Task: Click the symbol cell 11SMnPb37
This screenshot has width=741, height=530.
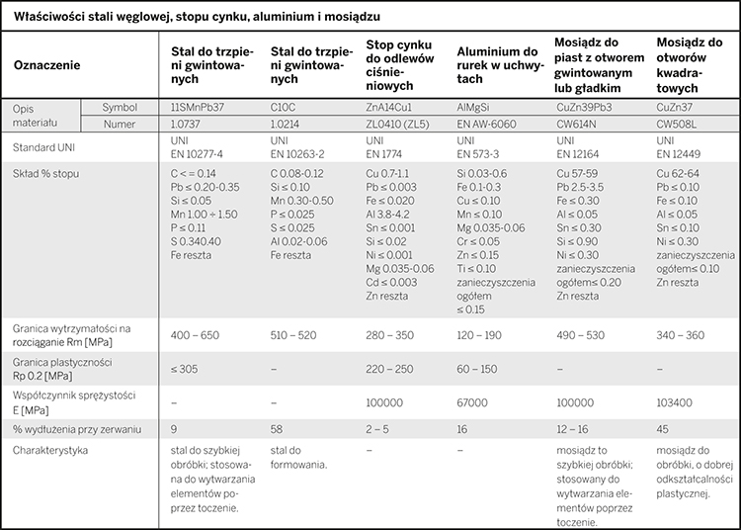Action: (x=198, y=108)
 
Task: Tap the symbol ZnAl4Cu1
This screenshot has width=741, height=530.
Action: (x=388, y=108)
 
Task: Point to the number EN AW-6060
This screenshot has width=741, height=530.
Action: (x=486, y=125)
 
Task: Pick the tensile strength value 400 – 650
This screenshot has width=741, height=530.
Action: (x=195, y=335)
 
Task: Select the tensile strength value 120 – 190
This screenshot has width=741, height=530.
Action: (x=479, y=335)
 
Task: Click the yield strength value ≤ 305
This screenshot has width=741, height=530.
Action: (x=185, y=369)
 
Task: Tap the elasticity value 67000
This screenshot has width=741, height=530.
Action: (x=472, y=402)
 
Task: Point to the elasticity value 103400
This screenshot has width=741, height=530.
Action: (x=674, y=402)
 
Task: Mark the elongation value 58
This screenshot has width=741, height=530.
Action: (x=277, y=429)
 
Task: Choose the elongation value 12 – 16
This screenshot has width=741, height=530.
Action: (x=572, y=429)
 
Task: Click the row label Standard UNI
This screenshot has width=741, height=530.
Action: (x=43, y=147)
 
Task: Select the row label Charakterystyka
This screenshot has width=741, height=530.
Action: (x=50, y=450)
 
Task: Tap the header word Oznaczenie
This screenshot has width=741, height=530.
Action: (x=46, y=65)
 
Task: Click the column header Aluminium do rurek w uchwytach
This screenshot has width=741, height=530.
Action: (x=498, y=65)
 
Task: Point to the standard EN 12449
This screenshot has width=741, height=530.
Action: (x=678, y=154)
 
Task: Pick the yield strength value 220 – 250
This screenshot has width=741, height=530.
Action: (x=389, y=369)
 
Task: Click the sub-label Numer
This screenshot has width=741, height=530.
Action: (x=120, y=125)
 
